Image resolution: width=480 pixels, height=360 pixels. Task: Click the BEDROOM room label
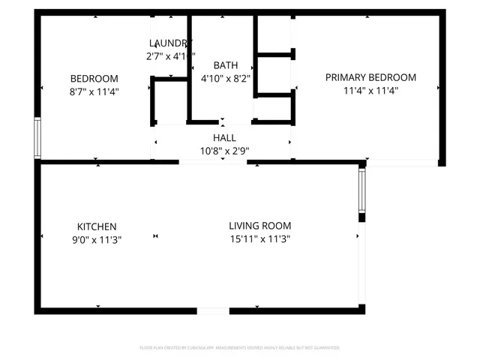94,79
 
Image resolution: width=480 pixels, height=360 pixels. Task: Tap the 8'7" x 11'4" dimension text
94,91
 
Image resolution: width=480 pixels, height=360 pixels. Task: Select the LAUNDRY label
170,43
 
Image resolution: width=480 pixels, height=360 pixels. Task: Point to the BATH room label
225,65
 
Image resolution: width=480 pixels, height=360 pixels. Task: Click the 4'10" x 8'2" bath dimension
225,78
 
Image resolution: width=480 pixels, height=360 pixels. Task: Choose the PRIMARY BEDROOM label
370,77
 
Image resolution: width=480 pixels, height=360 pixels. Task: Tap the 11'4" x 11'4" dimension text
370,90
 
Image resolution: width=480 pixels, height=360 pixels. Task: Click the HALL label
224,138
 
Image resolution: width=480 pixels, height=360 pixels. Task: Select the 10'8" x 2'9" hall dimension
224,151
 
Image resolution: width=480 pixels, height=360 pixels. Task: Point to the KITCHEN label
97,226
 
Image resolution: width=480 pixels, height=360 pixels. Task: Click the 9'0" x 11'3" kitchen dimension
97,240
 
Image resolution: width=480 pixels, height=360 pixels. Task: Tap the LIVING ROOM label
259,226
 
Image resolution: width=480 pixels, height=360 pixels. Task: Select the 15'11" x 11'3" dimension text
259,239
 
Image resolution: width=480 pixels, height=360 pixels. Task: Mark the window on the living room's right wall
361,191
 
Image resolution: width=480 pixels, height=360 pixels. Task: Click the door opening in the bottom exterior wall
213,310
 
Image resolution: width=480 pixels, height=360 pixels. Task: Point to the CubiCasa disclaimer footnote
240,348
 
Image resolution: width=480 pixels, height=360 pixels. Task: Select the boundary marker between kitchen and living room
156,237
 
